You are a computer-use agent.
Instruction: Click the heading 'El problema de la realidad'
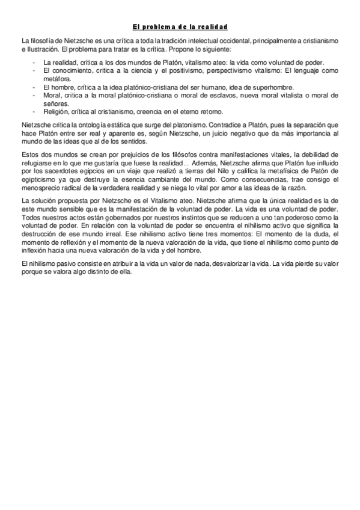click(180, 27)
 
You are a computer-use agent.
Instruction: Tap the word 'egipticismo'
click(38, 171)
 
